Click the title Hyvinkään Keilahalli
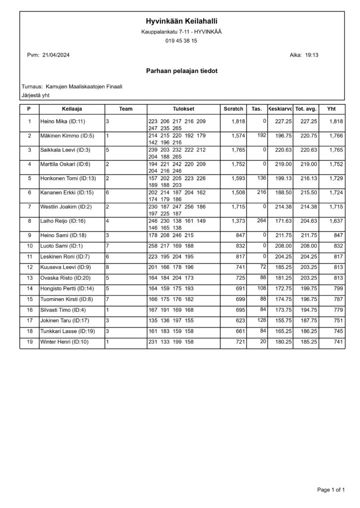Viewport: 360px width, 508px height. pos(181,21)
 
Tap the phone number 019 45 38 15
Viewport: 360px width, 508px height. pos(181,41)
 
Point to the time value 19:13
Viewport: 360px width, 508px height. pos(311,55)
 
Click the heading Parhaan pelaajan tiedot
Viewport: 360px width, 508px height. pos(181,71)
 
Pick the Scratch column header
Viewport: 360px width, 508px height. pos(233,109)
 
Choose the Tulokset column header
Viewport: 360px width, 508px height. pos(183,109)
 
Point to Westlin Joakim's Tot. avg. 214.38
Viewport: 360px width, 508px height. pos(306,207)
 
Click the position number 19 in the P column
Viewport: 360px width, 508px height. pos(29,343)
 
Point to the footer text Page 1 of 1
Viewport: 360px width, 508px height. pos(331,490)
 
